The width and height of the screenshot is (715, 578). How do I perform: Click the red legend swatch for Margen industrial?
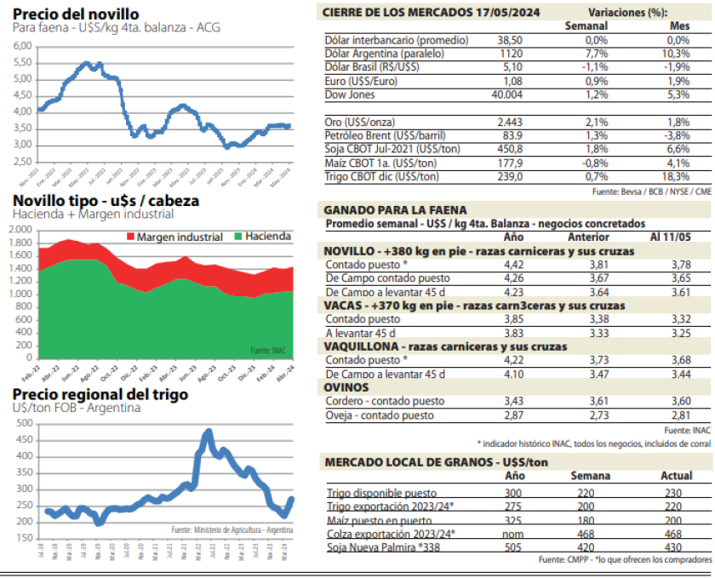pos(130,237)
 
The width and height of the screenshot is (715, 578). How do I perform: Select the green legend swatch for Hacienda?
pos(239,237)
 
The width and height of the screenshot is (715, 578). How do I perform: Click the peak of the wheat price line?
pos(209,432)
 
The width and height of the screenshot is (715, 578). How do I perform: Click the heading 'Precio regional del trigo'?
pos(100,395)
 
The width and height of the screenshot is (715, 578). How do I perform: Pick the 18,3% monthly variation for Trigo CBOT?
pos(678,176)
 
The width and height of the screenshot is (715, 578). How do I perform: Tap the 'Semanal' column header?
pos(586,26)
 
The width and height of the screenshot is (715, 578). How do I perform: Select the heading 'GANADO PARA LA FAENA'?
pos(396,209)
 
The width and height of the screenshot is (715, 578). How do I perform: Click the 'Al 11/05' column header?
pos(672,237)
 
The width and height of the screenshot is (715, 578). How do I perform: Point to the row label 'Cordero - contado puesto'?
pos(389,400)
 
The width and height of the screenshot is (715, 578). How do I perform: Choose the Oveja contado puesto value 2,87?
pos(512,415)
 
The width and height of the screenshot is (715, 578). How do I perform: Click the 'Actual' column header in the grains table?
pos(677,475)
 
